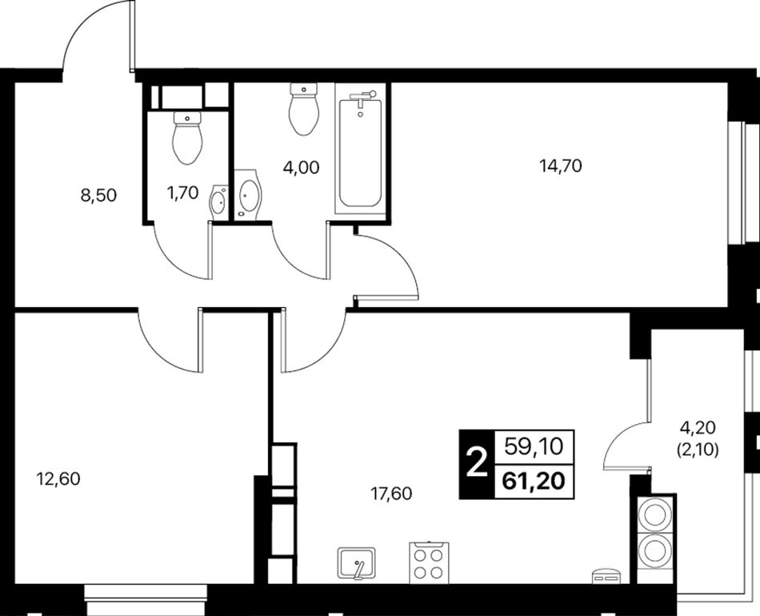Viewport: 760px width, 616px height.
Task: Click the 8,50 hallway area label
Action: (x=99, y=195)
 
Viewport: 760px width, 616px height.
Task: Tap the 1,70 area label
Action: (x=182, y=193)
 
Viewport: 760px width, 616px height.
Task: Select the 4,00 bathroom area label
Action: (x=301, y=168)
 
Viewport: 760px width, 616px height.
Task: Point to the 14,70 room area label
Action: (x=561, y=166)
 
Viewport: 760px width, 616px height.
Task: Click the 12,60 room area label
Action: (x=58, y=479)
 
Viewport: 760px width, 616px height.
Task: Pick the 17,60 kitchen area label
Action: (x=391, y=494)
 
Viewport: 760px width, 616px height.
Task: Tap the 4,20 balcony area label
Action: (x=698, y=427)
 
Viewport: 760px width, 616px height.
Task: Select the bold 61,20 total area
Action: (x=534, y=482)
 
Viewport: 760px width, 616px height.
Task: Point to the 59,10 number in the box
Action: (x=534, y=446)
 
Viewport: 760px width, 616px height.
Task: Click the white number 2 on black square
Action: (x=477, y=463)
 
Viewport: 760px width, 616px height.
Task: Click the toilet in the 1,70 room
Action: (x=187, y=138)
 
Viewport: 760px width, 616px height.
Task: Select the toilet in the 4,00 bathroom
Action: (x=303, y=109)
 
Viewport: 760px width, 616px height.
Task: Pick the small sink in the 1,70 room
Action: (x=218, y=202)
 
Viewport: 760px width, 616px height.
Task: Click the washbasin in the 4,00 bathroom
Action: (x=248, y=194)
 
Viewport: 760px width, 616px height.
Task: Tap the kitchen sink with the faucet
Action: (x=357, y=562)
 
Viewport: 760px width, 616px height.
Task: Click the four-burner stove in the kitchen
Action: (x=429, y=562)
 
